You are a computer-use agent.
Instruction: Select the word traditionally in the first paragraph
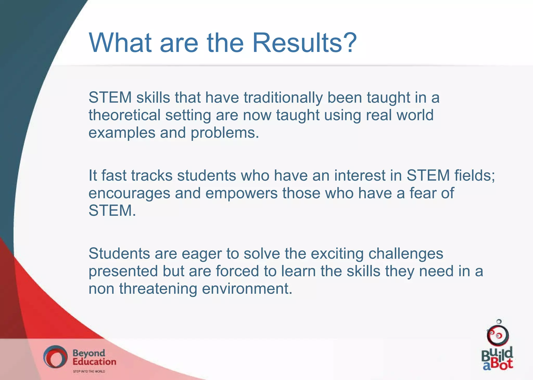pos(283,98)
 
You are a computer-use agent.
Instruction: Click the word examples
pos(122,133)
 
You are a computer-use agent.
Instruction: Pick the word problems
pos(225,133)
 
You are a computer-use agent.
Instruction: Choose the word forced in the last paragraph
pos(237,271)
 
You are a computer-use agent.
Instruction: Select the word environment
pos(247,289)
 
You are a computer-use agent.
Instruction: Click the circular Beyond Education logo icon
pos(55,357)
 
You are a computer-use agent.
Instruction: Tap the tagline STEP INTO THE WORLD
pos(89,371)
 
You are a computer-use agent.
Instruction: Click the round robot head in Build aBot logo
pos(498,335)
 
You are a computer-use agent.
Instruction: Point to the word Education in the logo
pos(94,362)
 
